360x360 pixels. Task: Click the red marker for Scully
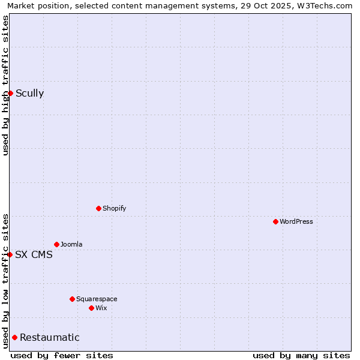(10, 93)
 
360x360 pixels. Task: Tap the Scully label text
(29, 93)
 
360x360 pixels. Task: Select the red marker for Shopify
(98, 208)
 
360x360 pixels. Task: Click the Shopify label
(114, 208)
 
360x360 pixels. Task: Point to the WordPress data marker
(275, 221)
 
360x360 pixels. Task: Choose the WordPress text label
(296, 221)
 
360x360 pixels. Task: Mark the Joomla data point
(56, 244)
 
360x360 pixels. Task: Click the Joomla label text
(71, 244)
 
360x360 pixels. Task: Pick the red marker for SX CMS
(10, 254)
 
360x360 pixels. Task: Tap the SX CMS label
(34, 254)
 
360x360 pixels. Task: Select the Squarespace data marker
(72, 299)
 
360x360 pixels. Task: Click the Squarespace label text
(97, 299)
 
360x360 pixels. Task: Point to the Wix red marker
(91, 308)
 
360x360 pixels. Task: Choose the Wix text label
(101, 308)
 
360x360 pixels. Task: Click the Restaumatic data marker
(14, 337)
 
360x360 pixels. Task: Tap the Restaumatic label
(49, 337)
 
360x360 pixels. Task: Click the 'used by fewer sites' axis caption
(62, 355)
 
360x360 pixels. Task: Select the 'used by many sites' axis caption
(301, 355)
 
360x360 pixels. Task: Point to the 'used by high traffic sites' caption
(5, 85)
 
